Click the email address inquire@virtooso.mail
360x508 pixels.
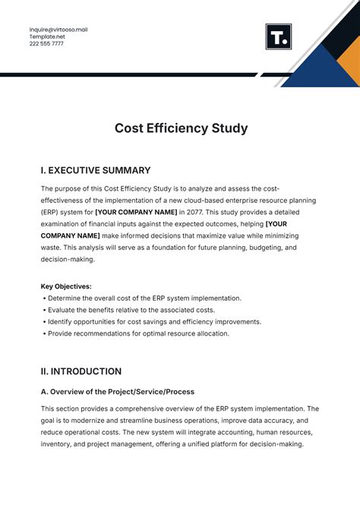click(58, 29)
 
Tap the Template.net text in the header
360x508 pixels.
click(46, 36)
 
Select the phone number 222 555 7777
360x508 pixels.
click(46, 43)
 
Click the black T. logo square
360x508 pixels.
click(279, 36)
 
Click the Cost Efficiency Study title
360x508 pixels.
click(181, 128)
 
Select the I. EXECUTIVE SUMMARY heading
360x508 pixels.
click(96, 171)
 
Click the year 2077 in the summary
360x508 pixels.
click(196, 212)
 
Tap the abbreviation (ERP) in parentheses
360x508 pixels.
click(50, 212)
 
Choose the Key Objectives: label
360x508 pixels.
click(66, 286)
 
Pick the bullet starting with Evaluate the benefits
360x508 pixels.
click(130, 310)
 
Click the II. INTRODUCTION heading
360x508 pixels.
click(81, 371)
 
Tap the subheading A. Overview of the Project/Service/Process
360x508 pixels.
click(118, 392)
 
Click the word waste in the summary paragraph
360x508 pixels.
click(52, 248)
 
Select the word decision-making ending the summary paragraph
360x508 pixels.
click(68, 259)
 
